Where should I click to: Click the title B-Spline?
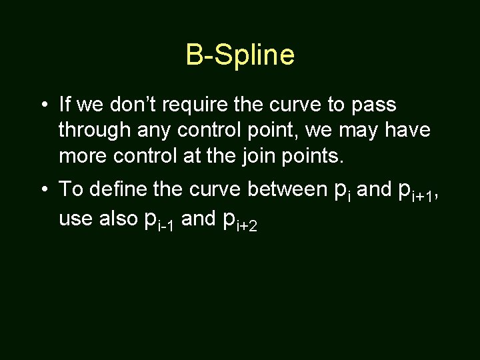point(240,55)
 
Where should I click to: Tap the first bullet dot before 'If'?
point(42,105)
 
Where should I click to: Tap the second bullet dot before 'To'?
point(42,189)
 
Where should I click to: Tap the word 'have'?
point(408,131)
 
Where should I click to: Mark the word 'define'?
point(117,189)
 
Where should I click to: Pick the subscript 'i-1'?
point(166,227)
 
